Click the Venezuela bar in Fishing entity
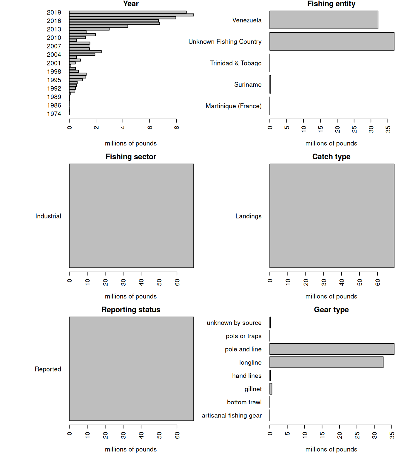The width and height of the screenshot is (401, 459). pyautogui.click(x=324, y=20)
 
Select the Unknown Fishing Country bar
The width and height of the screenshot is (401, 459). pyautogui.click(x=332, y=42)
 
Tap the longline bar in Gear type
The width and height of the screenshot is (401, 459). pyautogui.click(x=326, y=362)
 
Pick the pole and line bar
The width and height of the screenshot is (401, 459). pyautogui.click(x=332, y=349)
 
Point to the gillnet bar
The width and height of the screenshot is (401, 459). pyautogui.click(x=271, y=389)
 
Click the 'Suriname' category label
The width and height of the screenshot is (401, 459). pyautogui.click(x=248, y=85)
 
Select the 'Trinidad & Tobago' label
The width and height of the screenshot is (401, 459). pyautogui.click(x=236, y=63)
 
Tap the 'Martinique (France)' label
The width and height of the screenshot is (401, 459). pyautogui.click(x=233, y=106)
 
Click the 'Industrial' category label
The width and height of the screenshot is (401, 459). pyautogui.click(x=48, y=216)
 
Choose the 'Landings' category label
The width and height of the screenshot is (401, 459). pyautogui.click(x=248, y=216)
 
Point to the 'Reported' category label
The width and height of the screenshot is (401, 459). pyautogui.click(x=48, y=369)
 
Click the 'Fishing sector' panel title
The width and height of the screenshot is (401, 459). pyautogui.click(x=131, y=157)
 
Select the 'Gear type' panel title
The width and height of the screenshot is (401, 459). pyautogui.click(x=331, y=310)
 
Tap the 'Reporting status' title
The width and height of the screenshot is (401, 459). pyautogui.click(x=131, y=310)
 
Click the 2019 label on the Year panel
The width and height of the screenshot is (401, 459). pyautogui.click(x=54, y=12)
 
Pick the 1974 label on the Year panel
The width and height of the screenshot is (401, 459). pyautogui.click(x=54, y=114)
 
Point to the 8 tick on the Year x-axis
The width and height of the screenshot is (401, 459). pyautogui.click(x=177, y=127)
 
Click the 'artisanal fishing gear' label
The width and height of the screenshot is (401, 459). pyautogui.click(x=232, y=415)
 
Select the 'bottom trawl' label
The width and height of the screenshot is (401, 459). pyautogui.click(x=244, y=402)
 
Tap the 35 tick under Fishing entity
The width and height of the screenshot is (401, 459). pyautogui.click(x=388, y=129)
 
